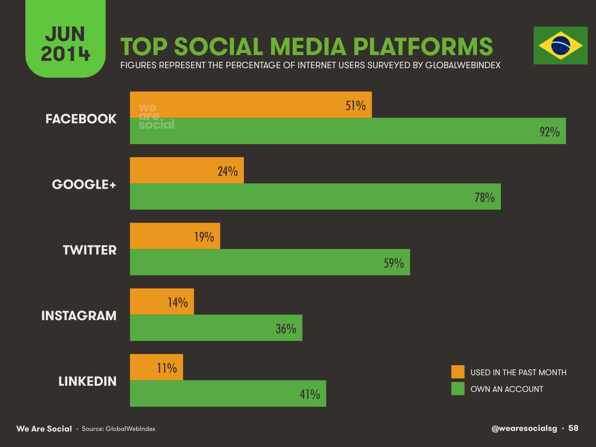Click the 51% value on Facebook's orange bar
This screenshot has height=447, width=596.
355,106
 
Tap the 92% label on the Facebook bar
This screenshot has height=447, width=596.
549,132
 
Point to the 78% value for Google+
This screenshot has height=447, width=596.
484,197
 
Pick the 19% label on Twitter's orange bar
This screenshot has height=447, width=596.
204,237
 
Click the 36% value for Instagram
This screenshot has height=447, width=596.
286,329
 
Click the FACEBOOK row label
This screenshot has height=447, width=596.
81,119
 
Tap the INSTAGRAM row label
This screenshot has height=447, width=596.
79,316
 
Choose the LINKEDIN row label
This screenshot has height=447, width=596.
87,381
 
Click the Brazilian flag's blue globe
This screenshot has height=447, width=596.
560,46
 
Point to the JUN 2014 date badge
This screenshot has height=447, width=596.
65,43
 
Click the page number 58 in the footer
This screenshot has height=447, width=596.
573,428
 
